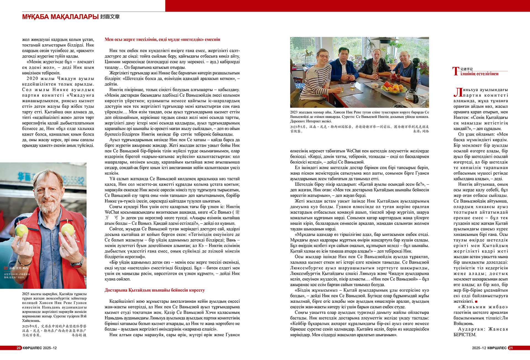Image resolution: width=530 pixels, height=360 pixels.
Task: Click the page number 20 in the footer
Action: click(18, 348)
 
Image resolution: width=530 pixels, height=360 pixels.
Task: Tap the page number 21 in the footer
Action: click(511, 348)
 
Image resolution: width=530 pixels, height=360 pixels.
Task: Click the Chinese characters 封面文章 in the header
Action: click(110, 17)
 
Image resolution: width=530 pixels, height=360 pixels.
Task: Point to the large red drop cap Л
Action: click(458, 92)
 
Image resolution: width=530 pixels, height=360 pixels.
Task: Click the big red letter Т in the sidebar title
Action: click(456, 71)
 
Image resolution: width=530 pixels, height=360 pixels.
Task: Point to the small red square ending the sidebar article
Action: click(476, 301)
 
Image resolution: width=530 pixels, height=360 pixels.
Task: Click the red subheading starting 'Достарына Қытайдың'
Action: click(155, 290)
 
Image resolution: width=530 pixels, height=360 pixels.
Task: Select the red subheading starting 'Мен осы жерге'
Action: click(162, 40)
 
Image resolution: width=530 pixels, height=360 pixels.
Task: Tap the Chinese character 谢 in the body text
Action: click(237, 212)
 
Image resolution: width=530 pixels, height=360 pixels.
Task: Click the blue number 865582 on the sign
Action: click(72, 181)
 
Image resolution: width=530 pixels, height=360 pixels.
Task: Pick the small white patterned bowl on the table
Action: click(375, 85)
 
